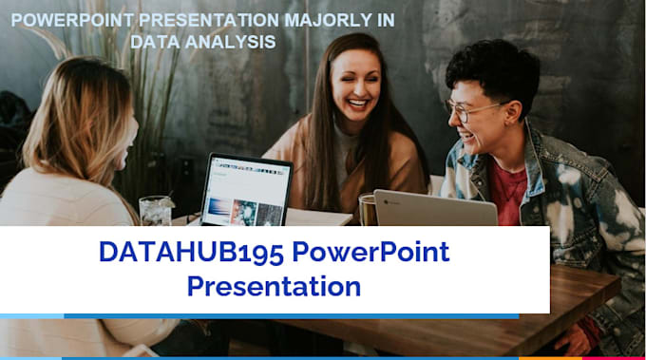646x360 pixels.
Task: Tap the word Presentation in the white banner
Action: point(274,285)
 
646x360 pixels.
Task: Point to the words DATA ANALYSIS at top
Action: point(204,41)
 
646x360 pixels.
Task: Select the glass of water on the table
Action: point(154,210)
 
